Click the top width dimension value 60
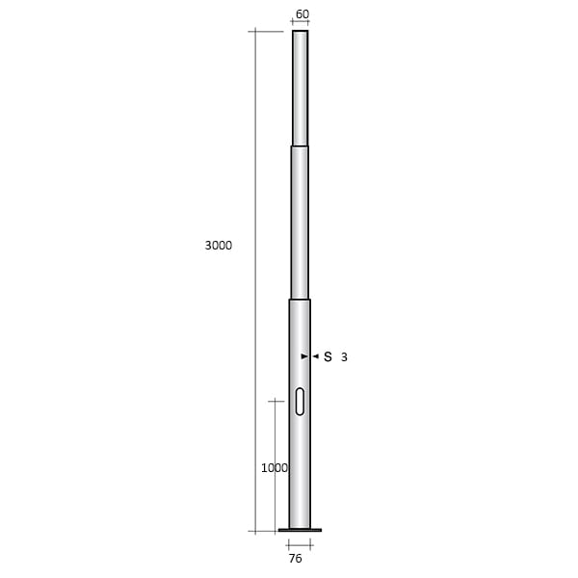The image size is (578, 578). (302, 14)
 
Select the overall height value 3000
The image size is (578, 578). (219, 246)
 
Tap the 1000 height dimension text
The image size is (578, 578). (275, 468)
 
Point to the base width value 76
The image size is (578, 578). (296, 557)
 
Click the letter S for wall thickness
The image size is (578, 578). (328, 356)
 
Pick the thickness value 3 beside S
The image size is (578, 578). (344, 357)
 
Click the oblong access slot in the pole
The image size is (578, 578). (300, 401)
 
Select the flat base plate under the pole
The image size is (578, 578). (300, 530)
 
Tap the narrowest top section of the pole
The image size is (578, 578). (301, 87)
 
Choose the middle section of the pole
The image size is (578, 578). (301, 222)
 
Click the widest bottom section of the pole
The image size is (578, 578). (300, 453)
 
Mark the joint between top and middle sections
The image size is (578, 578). (301, 146)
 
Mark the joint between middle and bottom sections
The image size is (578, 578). (301, 300)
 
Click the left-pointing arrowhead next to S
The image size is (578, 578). (315, 356)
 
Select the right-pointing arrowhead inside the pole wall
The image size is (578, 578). (304, 356)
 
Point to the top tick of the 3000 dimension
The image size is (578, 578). (255, 32)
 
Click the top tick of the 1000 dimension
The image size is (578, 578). (275, 401)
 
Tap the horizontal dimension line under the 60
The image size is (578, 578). (301, 23)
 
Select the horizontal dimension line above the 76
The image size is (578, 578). (300, 543)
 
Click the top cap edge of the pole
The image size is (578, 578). (301, 31)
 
